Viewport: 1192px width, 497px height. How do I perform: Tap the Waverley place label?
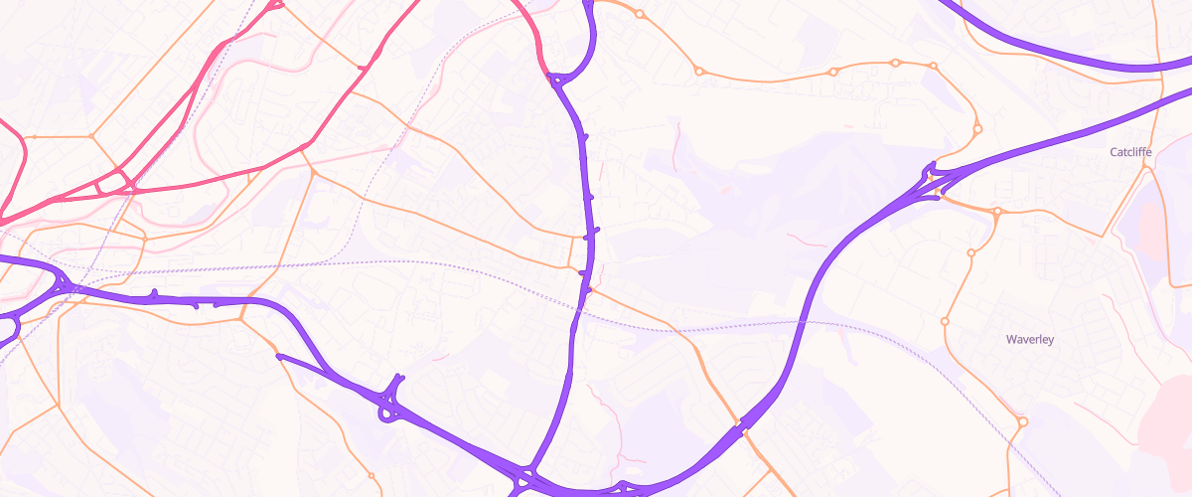(1029, 339)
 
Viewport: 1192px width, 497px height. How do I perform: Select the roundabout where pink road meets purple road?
(556, 78)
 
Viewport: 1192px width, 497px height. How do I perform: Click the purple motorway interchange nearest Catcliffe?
(932, 182)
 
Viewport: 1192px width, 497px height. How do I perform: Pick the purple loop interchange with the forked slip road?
(391, 403)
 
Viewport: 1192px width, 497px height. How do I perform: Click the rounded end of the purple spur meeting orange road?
(280, 356)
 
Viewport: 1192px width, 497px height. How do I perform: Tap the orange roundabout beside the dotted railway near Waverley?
(1022, 422)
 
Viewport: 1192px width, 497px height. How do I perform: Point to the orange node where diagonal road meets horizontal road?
(313, 173)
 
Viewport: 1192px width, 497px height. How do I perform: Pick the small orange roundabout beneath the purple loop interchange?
(372, 475)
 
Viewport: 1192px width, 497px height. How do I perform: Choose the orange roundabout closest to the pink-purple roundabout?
(640, 14)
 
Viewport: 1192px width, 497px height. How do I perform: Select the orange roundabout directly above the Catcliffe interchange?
(977, 128)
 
